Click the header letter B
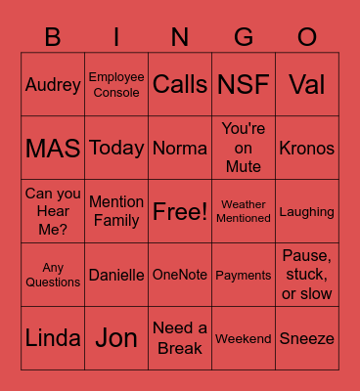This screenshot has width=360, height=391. coord(53,37)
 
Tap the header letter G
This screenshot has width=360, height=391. coord(244,37)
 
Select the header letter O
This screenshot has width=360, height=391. coord(307,37)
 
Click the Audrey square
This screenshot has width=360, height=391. coord(53,85)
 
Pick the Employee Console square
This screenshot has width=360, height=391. coord(116,85)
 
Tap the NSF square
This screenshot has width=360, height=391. coord(244,85)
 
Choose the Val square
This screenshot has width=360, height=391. coord(307,85)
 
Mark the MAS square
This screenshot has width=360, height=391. coord(53,149)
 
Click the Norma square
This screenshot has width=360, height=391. coord(180,149)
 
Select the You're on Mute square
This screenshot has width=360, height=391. coord(244,149)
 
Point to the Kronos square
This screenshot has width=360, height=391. coord(307,149)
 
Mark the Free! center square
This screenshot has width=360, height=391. coord(180,212)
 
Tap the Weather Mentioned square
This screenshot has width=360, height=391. coord(244,212)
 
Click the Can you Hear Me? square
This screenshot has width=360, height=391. coord(53,212)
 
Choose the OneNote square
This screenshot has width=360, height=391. coord(180,276)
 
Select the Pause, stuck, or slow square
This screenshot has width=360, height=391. coord(307,276)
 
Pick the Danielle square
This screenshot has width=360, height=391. coord(116,276)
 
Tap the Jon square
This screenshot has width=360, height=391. coord(116,339)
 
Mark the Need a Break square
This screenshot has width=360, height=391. coord(180,339)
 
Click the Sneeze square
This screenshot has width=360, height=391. coord(307,339)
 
